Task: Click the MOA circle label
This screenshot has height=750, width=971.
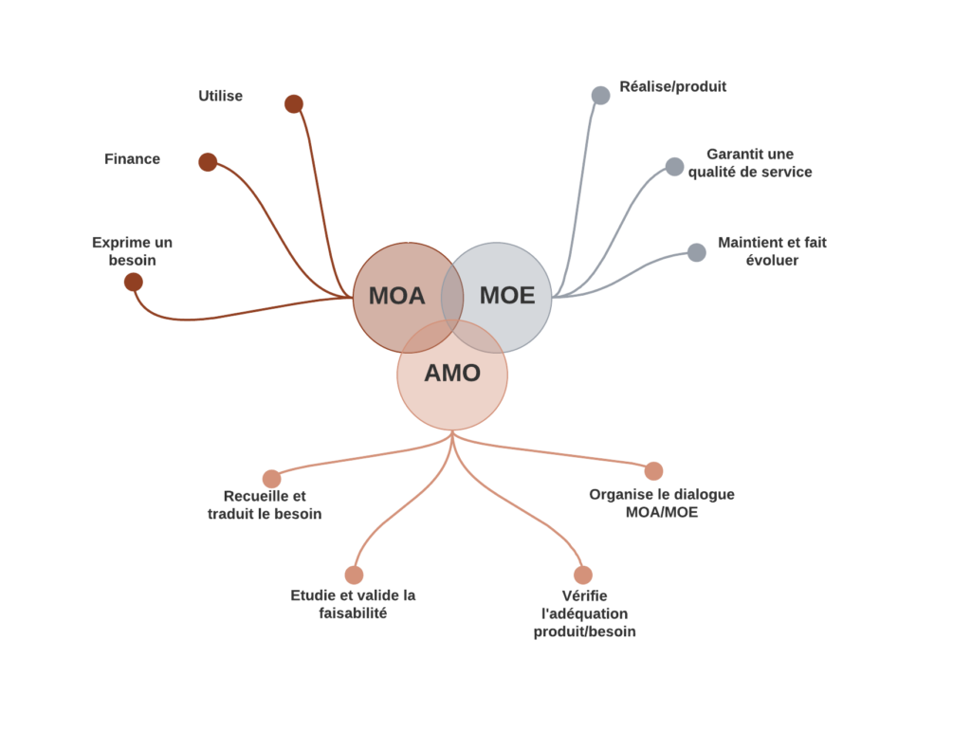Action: tap(396, 296)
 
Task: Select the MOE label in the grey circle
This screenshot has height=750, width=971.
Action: tap(506, 296)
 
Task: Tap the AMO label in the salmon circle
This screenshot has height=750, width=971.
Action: tap(452, 374)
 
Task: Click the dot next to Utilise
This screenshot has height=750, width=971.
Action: tap(294, 104)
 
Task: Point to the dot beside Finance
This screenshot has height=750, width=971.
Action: tap(208, 162)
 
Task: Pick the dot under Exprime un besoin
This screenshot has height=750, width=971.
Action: tap(134, 282)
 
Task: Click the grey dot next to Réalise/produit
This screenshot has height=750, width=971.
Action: tap(600, 96)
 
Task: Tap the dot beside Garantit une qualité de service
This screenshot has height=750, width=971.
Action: tap(674, 167)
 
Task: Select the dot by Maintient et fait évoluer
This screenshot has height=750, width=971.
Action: tap(696, 252)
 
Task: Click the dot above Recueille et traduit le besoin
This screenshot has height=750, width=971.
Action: tap(271, 479)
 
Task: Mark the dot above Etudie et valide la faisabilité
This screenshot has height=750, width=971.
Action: tap(354, 575)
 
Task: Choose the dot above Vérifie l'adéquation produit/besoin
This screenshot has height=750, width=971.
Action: tap(583, 575)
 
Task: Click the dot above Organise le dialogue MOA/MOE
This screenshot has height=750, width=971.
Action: tap(653, 471)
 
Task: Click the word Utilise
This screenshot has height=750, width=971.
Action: tap(220, 96)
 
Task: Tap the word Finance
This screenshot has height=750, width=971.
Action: tap(132, 158)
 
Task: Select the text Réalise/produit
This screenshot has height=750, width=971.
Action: tap(672, 86)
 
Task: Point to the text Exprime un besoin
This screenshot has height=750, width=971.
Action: tap(132, 250)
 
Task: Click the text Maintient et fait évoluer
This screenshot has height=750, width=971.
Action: tap(772, 250)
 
